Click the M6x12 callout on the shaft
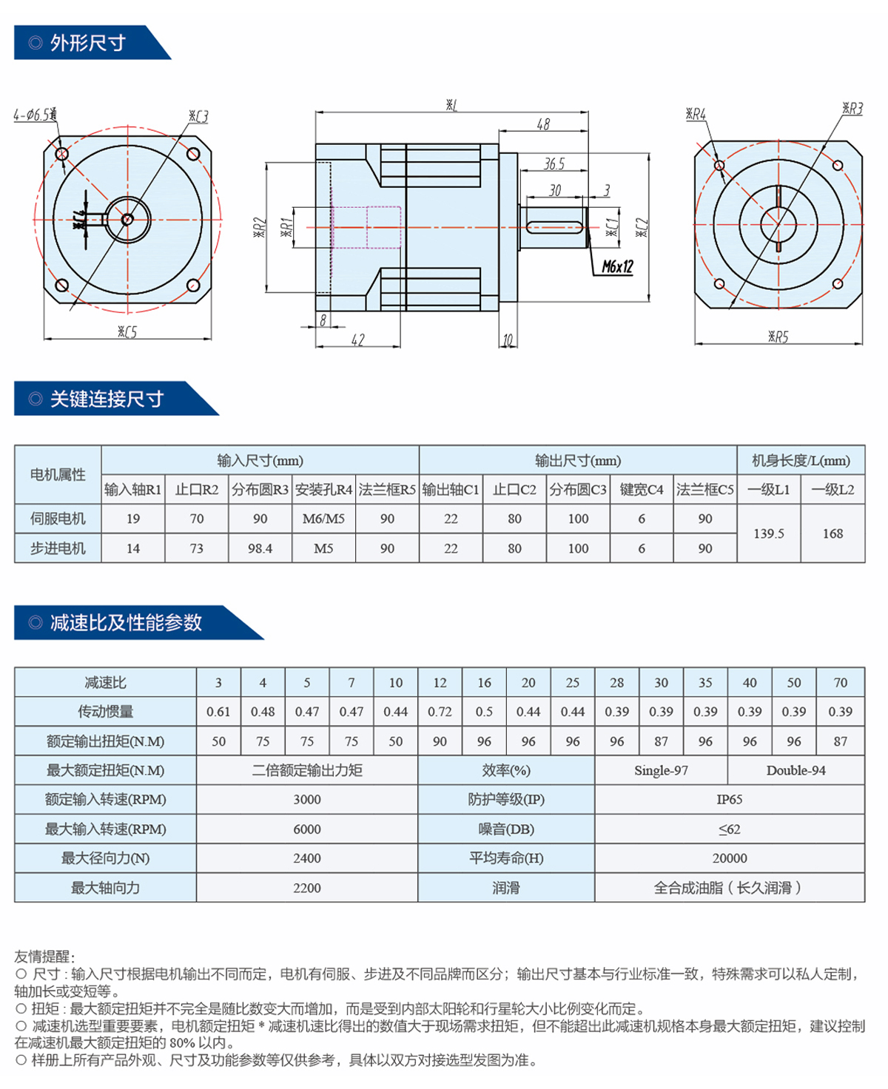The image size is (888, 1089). tap(617, 266)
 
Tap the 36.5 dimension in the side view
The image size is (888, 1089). tap(554, 163)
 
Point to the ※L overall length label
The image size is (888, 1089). tap(451, 105)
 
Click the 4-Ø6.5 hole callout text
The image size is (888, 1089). tap(35, 114)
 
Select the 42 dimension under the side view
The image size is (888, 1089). tap(357, 340)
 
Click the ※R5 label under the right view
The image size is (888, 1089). tap(778, 337)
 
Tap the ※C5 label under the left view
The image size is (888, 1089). tap(127, 331)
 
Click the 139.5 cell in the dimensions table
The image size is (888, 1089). tap(768, 533)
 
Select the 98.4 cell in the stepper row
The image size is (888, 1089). tap(260, 548)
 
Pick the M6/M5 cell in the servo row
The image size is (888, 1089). tap(323, 519)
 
